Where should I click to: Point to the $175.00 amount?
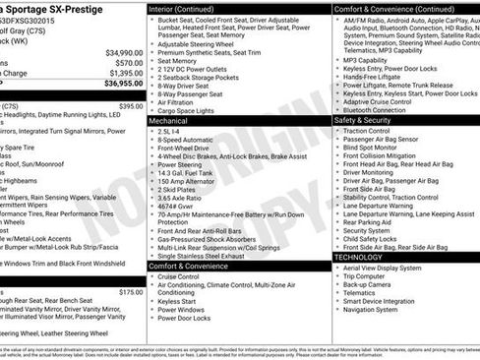131,291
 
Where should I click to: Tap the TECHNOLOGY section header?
359,257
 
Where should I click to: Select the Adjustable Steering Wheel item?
201,44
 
